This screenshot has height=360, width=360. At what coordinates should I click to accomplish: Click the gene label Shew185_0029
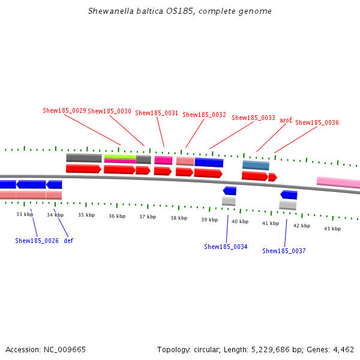pyautogui.click(x=64, y=110)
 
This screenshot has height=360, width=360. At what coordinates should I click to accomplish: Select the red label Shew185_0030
pyautogui.click(x=109, y=111)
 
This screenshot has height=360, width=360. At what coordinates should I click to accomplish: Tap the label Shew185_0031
pyautogui.click(x=157, y=113)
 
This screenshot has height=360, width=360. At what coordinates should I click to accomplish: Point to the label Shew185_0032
pyautogui.click(x=204, y=115)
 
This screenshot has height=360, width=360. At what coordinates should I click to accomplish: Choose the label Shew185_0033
pyautogui.click(x=253, y=118)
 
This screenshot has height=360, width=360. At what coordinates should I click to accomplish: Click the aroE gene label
pyautogui.click(x=286, y=120)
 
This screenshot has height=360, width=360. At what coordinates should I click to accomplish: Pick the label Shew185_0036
pyautogui.click(x=317, y=122)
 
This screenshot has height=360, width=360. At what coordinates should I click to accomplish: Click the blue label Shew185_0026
pyautogui.click(x=37, y=241)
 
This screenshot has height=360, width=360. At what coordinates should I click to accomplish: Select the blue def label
pyautogui.click(x=68, y=241)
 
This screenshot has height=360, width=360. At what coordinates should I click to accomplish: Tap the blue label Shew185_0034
pyautogui.click(x=226, y=247)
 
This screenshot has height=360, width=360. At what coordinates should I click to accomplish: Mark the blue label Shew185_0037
pyautogui.click(x=284, y=251)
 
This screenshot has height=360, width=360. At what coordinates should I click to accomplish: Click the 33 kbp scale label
pyautogui.click(x=25, y=214)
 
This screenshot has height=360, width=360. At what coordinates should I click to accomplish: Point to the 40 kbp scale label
pyautogui.click(x=240, y=221)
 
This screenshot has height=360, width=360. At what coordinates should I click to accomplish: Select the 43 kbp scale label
pyautogui.click(x=332, y=229)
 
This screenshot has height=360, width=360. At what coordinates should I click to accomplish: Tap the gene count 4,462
pyautogui.click(x=342, y=349)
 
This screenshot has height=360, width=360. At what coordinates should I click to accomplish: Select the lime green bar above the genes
pyautogui.click(x=120, y=157)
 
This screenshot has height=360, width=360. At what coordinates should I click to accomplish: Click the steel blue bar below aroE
pyautogui.click(x=256, y=165)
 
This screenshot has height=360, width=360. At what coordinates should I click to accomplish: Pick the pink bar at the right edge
pyautogui.click(x=338, y=182)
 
